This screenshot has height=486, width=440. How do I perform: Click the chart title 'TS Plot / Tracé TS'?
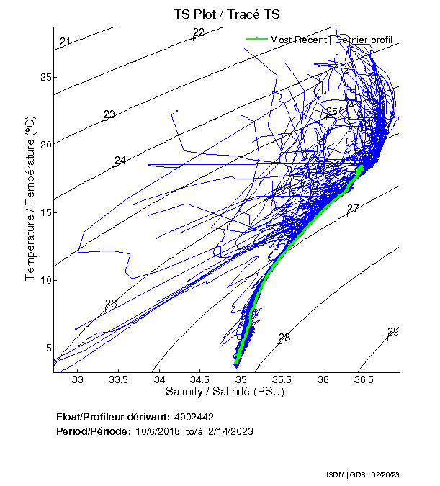tap(227, 14)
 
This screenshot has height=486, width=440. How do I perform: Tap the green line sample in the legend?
tap(256, 40)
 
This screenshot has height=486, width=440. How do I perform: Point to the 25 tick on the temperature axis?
tap(45, 77)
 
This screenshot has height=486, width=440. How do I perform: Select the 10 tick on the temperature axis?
tap(45, 280)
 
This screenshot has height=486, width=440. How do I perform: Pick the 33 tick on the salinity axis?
tap(78, 379)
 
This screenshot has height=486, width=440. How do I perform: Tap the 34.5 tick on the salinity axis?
tap(201, 379)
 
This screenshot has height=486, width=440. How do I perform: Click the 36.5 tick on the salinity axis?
tap(364, 379)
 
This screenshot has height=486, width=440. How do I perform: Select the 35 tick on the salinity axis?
tap(241, 379)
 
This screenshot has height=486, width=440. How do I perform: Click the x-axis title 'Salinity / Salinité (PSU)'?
tap(225, 392)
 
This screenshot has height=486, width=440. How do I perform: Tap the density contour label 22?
tap(199, 32)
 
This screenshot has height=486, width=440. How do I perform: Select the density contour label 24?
tap(120, 160)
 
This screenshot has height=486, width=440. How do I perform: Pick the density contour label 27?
tap(353, 209)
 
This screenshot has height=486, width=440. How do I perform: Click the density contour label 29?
tap(392, 331)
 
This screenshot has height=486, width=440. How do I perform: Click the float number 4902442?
tap(194, 417)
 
